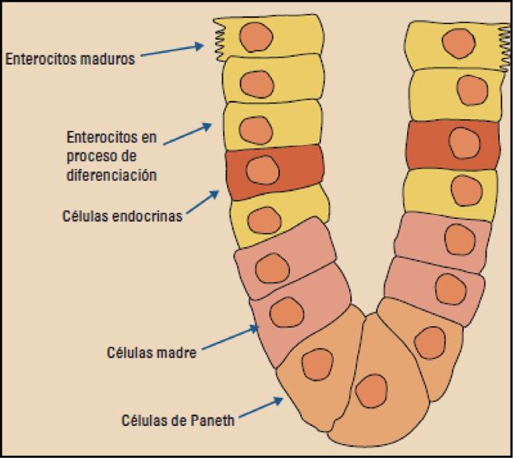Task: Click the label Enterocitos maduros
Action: [70, 58]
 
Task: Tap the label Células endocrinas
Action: [122, 216]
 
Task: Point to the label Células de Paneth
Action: [178, 422]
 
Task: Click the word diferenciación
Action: [112, 174]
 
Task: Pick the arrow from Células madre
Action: [231, 340]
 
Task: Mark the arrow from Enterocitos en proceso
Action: [187, 134]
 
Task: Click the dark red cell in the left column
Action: [273, 171]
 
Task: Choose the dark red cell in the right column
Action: [453, 144]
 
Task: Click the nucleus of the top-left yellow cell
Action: [255, 36]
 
